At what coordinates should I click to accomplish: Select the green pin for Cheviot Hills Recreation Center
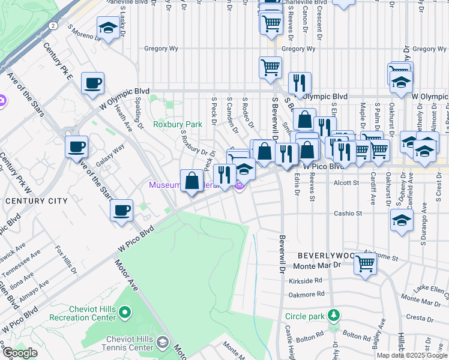pos(125,311)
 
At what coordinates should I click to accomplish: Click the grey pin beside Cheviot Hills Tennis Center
pos(162,342)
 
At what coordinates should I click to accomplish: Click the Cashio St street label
pos(348,213)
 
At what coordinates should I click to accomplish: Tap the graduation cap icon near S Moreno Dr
pos(108,28)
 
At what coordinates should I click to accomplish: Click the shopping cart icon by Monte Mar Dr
pos(365,263)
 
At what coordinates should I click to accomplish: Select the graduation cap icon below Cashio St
pos(402,220)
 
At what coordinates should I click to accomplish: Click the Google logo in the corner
pos(19,353)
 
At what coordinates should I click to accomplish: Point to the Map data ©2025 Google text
pos(412,355)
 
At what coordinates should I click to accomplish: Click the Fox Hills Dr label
pos(67,259)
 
